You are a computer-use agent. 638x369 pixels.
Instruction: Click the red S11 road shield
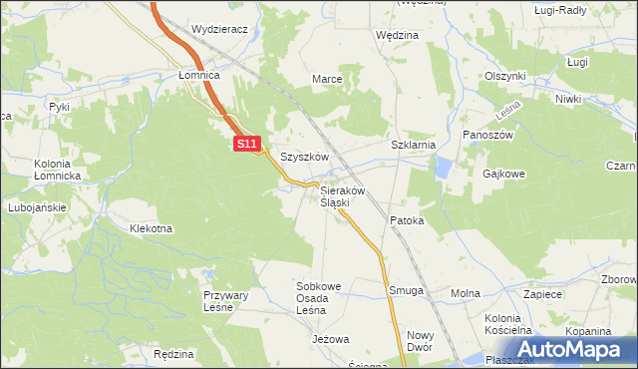tap(248, 145)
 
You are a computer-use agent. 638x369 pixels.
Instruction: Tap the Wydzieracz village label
tap(219, 30)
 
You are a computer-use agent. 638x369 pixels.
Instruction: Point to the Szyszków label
tap(304, 158)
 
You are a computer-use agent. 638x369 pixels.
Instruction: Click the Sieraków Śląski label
tap(342, 196)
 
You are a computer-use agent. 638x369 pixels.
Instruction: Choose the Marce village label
tap(328, 79)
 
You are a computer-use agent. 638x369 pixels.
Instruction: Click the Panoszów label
tap(487, 135)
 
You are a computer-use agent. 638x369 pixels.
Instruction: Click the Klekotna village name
tap(151, 228)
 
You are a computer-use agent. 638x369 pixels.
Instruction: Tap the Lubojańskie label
tap(35, 207)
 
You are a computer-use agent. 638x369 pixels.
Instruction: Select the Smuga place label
tap(406, 291)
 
